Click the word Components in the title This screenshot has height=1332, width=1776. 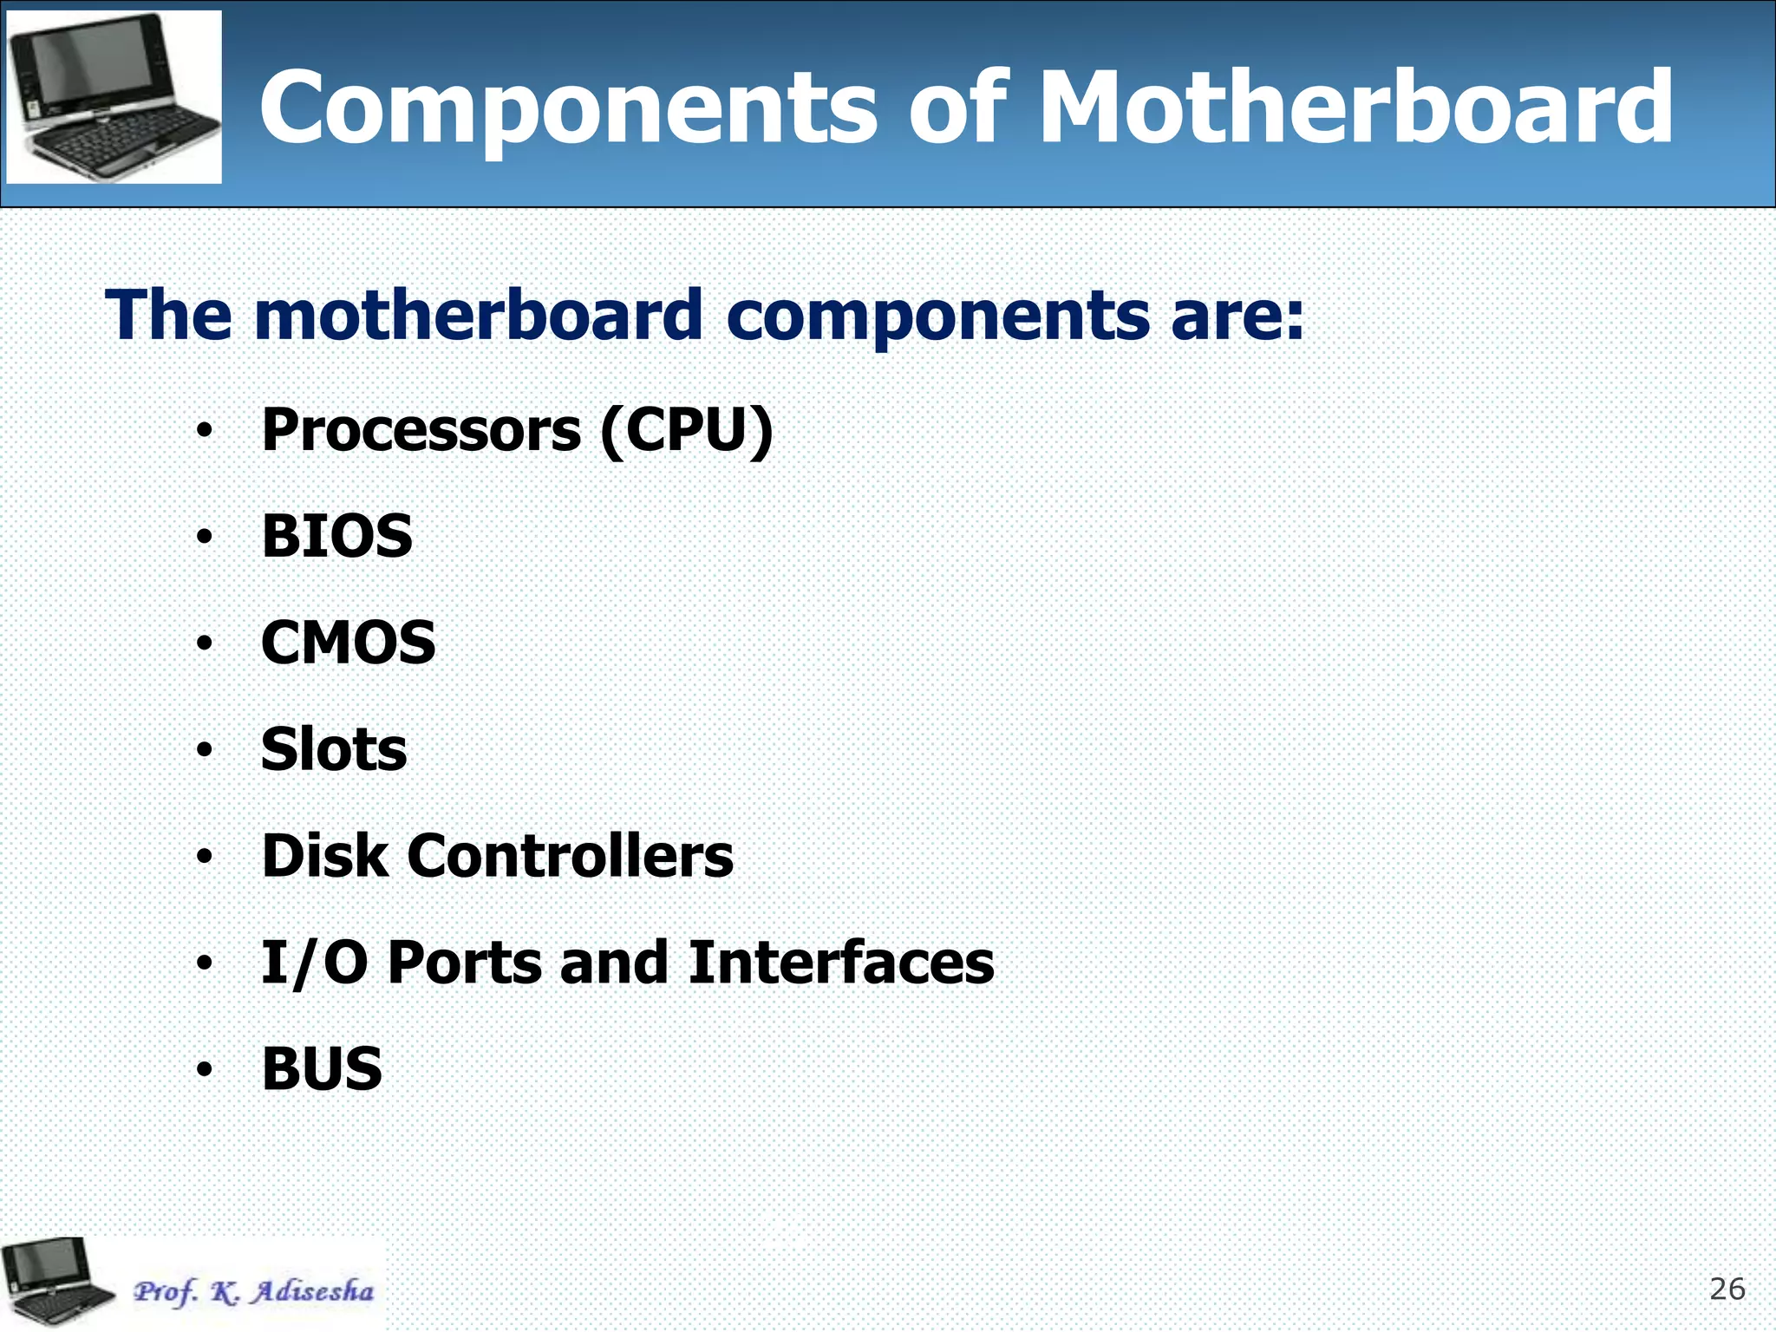(568, 108)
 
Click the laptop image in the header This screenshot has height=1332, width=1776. (114, 96)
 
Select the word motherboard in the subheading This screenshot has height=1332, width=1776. (478, 315)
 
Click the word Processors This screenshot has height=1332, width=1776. (421, 430)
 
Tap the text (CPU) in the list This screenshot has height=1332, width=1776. (686, 430)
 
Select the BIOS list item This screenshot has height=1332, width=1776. (337, 536)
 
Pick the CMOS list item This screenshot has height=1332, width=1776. (349, 643)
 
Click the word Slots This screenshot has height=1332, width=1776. (334, 749)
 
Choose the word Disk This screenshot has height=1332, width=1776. (324, 856)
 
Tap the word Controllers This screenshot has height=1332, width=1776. (571, 856)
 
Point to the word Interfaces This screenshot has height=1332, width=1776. (841, 963)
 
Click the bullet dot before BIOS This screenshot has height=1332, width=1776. (204, 538)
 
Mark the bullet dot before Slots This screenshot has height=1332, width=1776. (204, 750)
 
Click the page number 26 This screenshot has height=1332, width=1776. (1727, 1290)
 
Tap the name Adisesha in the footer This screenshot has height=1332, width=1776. (312, 1291)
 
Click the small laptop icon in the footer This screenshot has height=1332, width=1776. (57, 1283)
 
